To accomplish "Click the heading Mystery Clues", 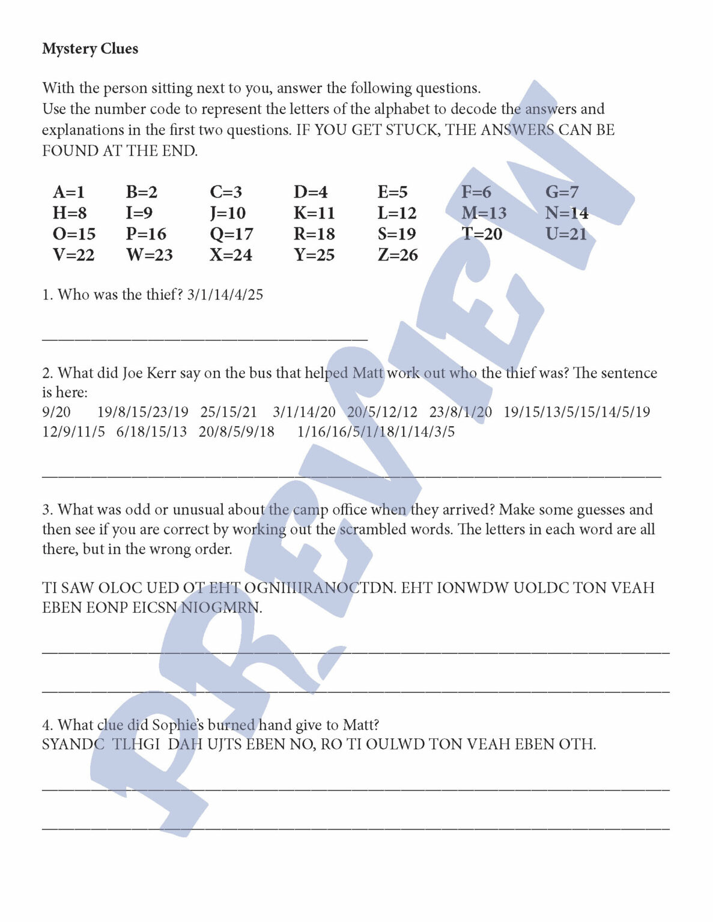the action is click(x=90, y=49).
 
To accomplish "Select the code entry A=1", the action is click(x=69, y=192).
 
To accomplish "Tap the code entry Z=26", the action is click(x=398, y=255).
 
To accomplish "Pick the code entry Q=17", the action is click(x=231, y=234).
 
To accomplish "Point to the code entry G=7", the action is click(x=562, y=192).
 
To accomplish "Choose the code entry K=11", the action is click(x=314, y=213).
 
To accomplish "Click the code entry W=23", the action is click(x=149, y=255).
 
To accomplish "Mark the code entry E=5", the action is click(x=392, y=192).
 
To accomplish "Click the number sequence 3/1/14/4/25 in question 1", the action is click(x=225, y=295).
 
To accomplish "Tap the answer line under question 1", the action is click(x=204, y=340).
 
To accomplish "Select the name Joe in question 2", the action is click(x=132, y=373).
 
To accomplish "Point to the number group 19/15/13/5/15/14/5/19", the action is click(x=577, y=412).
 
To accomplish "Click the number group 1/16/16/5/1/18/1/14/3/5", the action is click(x=376, y=432).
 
